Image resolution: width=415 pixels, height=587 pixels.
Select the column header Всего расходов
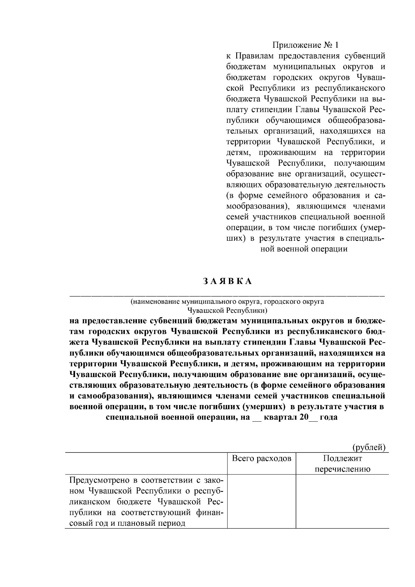(261, 459)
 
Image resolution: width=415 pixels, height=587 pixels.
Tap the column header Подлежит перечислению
(342, 464)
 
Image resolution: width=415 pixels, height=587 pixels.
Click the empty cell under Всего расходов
(261, 501)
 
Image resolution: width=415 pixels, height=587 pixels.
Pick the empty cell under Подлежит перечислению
(342, 501)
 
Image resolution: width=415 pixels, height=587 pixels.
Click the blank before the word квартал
(257, 418)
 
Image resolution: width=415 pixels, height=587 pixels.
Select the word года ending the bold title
(329, 417)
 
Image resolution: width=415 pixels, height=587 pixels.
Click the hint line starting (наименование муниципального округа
(227, 302)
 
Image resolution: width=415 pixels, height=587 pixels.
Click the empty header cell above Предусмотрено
(146, 464)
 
